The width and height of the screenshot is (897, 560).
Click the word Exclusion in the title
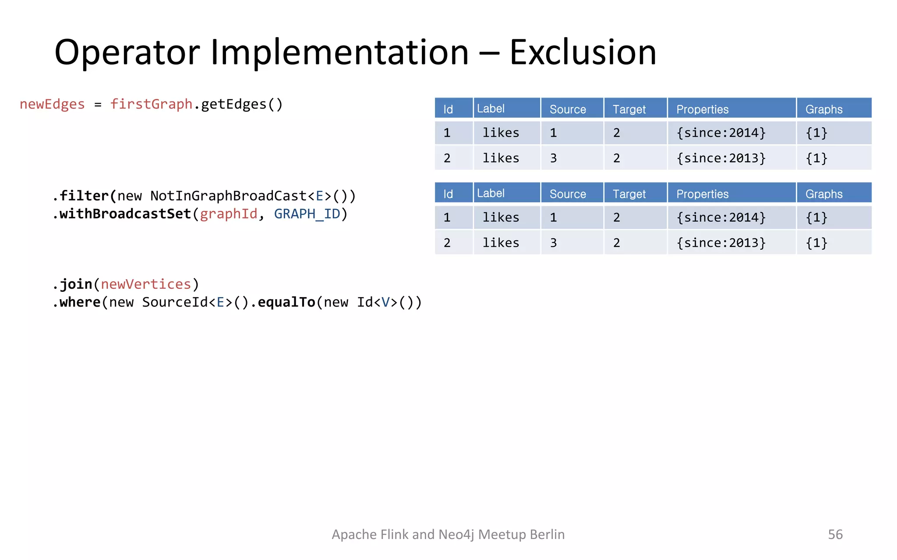click(583, 52)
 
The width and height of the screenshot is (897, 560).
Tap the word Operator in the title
click(127, 52)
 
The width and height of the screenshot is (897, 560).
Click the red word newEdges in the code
click(52, 104)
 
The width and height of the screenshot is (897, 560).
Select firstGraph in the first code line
click(151, 104)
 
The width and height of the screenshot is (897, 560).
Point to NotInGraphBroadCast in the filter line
click(228, 196)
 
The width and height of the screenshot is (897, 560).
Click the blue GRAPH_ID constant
click(307, 214)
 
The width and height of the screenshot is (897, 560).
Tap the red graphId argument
click(229, 214)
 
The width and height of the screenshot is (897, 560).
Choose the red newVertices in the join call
click(146, 284)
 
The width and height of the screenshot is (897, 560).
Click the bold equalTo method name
click(286, 302)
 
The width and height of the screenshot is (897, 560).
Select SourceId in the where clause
click(175, 302)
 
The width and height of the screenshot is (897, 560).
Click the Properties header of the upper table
click(702, 109)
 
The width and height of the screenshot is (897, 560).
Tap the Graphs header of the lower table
click(824, 194)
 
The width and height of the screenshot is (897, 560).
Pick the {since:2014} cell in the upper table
click(721, 133)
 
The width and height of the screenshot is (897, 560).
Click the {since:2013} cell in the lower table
click(721, 243)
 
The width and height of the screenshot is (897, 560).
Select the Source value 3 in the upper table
click(554, 158)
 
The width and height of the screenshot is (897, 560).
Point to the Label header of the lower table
click(491, 193)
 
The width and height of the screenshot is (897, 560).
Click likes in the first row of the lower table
click(501, 217)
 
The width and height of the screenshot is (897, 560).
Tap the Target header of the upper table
click(629, 109)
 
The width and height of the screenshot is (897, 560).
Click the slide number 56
click(835, 534)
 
